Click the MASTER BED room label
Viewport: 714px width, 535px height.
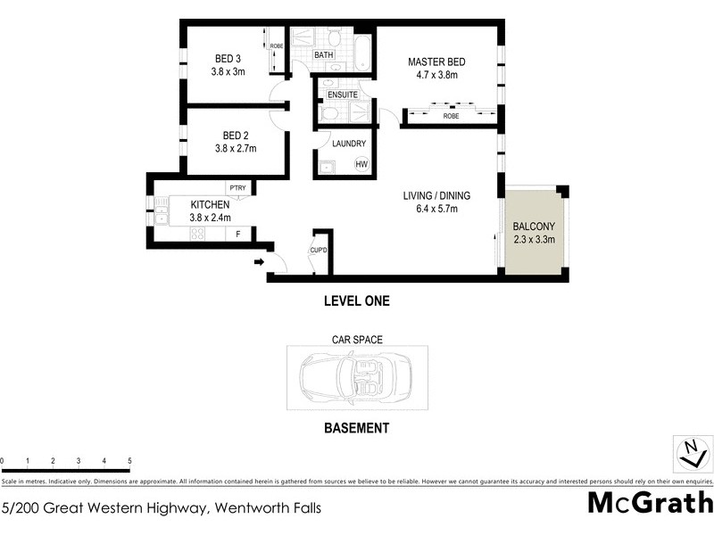(x=437, y=62)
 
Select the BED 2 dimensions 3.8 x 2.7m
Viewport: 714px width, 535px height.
(x=236, y=149)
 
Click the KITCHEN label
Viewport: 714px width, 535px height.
(x=210, y=204)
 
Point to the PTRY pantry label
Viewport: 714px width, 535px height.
(x=237, y=187)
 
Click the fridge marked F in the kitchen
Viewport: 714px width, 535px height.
(x=237, y=234)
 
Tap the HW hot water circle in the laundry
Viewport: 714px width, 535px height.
(x=361, y=165)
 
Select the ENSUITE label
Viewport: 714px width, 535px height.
(x=343, y=95)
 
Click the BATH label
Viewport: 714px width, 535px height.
(x=323, y=55)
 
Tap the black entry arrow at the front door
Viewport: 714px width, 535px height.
(x=259, y=261)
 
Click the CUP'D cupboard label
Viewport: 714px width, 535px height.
(x=320, y=250)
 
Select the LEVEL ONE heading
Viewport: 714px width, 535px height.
(x=356, y=301)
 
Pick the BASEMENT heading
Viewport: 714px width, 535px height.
(x=355, y=428)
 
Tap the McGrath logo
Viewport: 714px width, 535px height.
(x=650, y=502)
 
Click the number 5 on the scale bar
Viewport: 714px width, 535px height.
(x=130, y=461)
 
